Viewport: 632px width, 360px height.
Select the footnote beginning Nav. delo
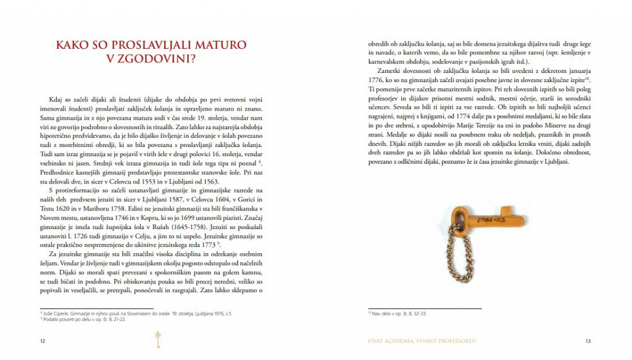(x=395, y=314)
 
